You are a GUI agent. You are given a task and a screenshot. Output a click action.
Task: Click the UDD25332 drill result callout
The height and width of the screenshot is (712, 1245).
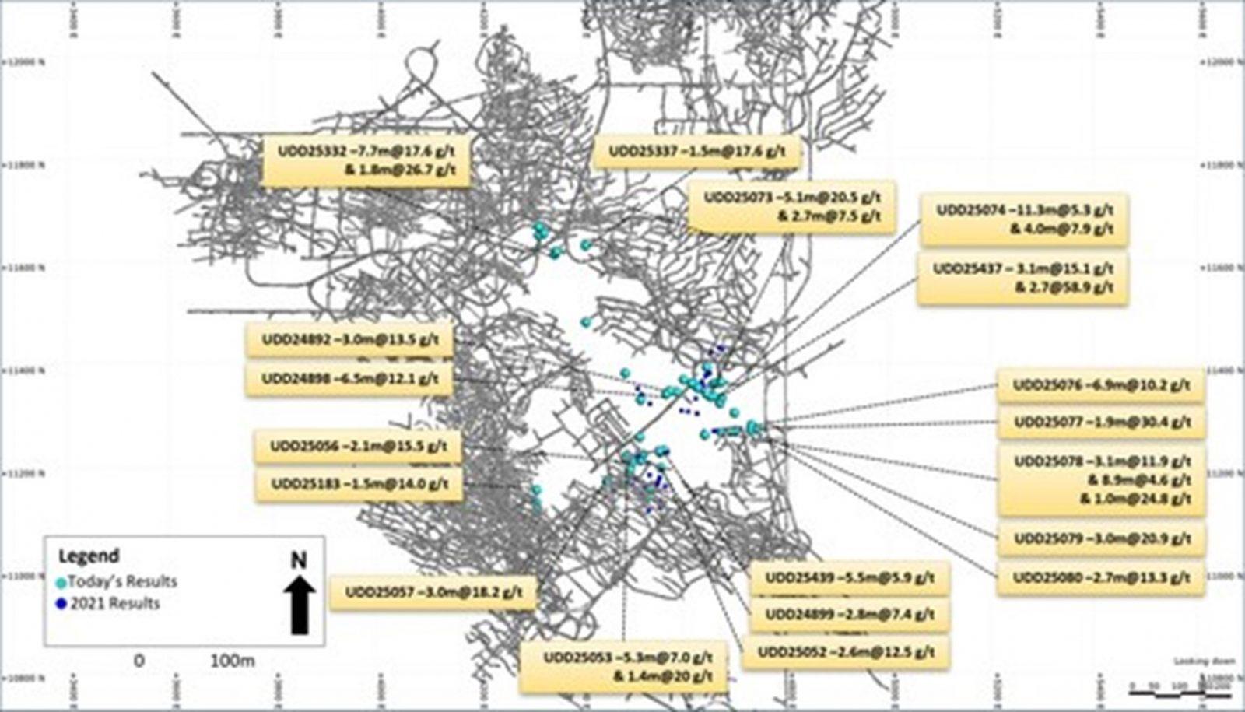[x=366, y=161]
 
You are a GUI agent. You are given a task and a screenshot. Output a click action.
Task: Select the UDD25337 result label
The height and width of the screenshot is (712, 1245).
[x=696, y=152]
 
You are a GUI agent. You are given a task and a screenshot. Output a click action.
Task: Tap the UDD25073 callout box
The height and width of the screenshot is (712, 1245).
[x=792, y=207]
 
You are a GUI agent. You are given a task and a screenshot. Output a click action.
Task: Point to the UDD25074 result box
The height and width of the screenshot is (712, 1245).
[x=1024, y=219]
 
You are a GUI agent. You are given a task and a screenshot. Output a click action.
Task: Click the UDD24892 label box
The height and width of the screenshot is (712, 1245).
[x=349, y=340]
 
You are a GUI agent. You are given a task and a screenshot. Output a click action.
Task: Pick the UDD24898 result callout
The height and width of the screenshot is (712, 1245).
[x=349, y=379]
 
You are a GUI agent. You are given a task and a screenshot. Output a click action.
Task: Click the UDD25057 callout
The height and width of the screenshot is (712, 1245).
[x=433, y=593]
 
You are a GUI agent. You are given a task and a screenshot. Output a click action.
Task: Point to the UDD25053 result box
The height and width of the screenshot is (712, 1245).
[x=623, y=667]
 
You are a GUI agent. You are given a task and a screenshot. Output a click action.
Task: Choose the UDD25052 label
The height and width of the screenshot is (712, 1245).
[x=846, y=652]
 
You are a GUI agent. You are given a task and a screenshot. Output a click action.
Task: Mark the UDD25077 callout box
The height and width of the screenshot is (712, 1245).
[x=1101, y=423]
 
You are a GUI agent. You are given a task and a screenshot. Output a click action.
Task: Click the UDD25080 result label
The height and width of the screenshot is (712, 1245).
[x=1101, y=578]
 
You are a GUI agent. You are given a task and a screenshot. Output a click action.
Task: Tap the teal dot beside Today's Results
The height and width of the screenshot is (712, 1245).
[x=61, y=582]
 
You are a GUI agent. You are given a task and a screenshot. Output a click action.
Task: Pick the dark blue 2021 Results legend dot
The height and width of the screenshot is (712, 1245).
[x=61, y=604]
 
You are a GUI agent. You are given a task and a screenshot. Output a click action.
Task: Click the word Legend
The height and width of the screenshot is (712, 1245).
[x=89, y=556]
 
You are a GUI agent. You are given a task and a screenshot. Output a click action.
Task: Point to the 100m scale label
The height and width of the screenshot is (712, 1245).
[x=233, y=661]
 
